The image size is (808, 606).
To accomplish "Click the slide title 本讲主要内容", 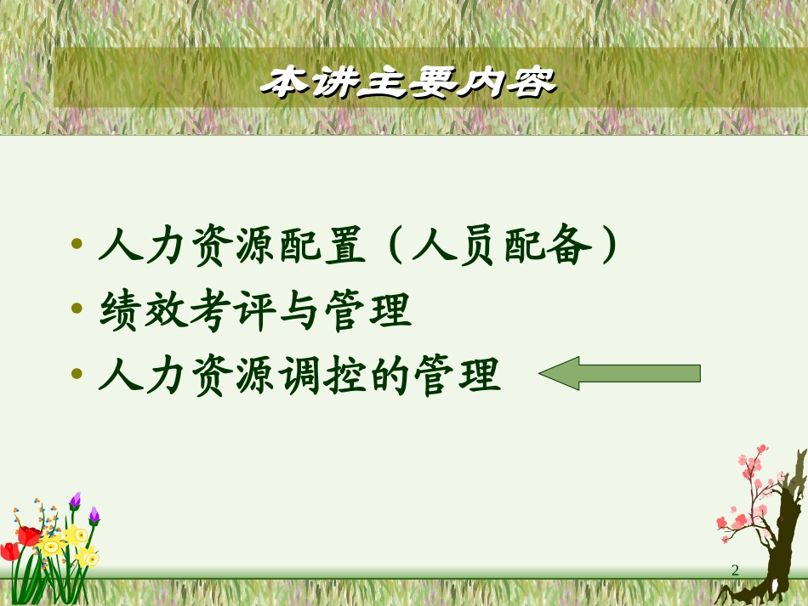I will coord(407,82).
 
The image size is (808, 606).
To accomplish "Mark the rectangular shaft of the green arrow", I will coord(638,373).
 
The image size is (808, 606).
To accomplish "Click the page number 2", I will coord(735,570).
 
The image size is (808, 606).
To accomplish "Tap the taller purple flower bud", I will coord(75,500).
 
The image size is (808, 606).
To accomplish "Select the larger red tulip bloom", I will coord(29,535).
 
